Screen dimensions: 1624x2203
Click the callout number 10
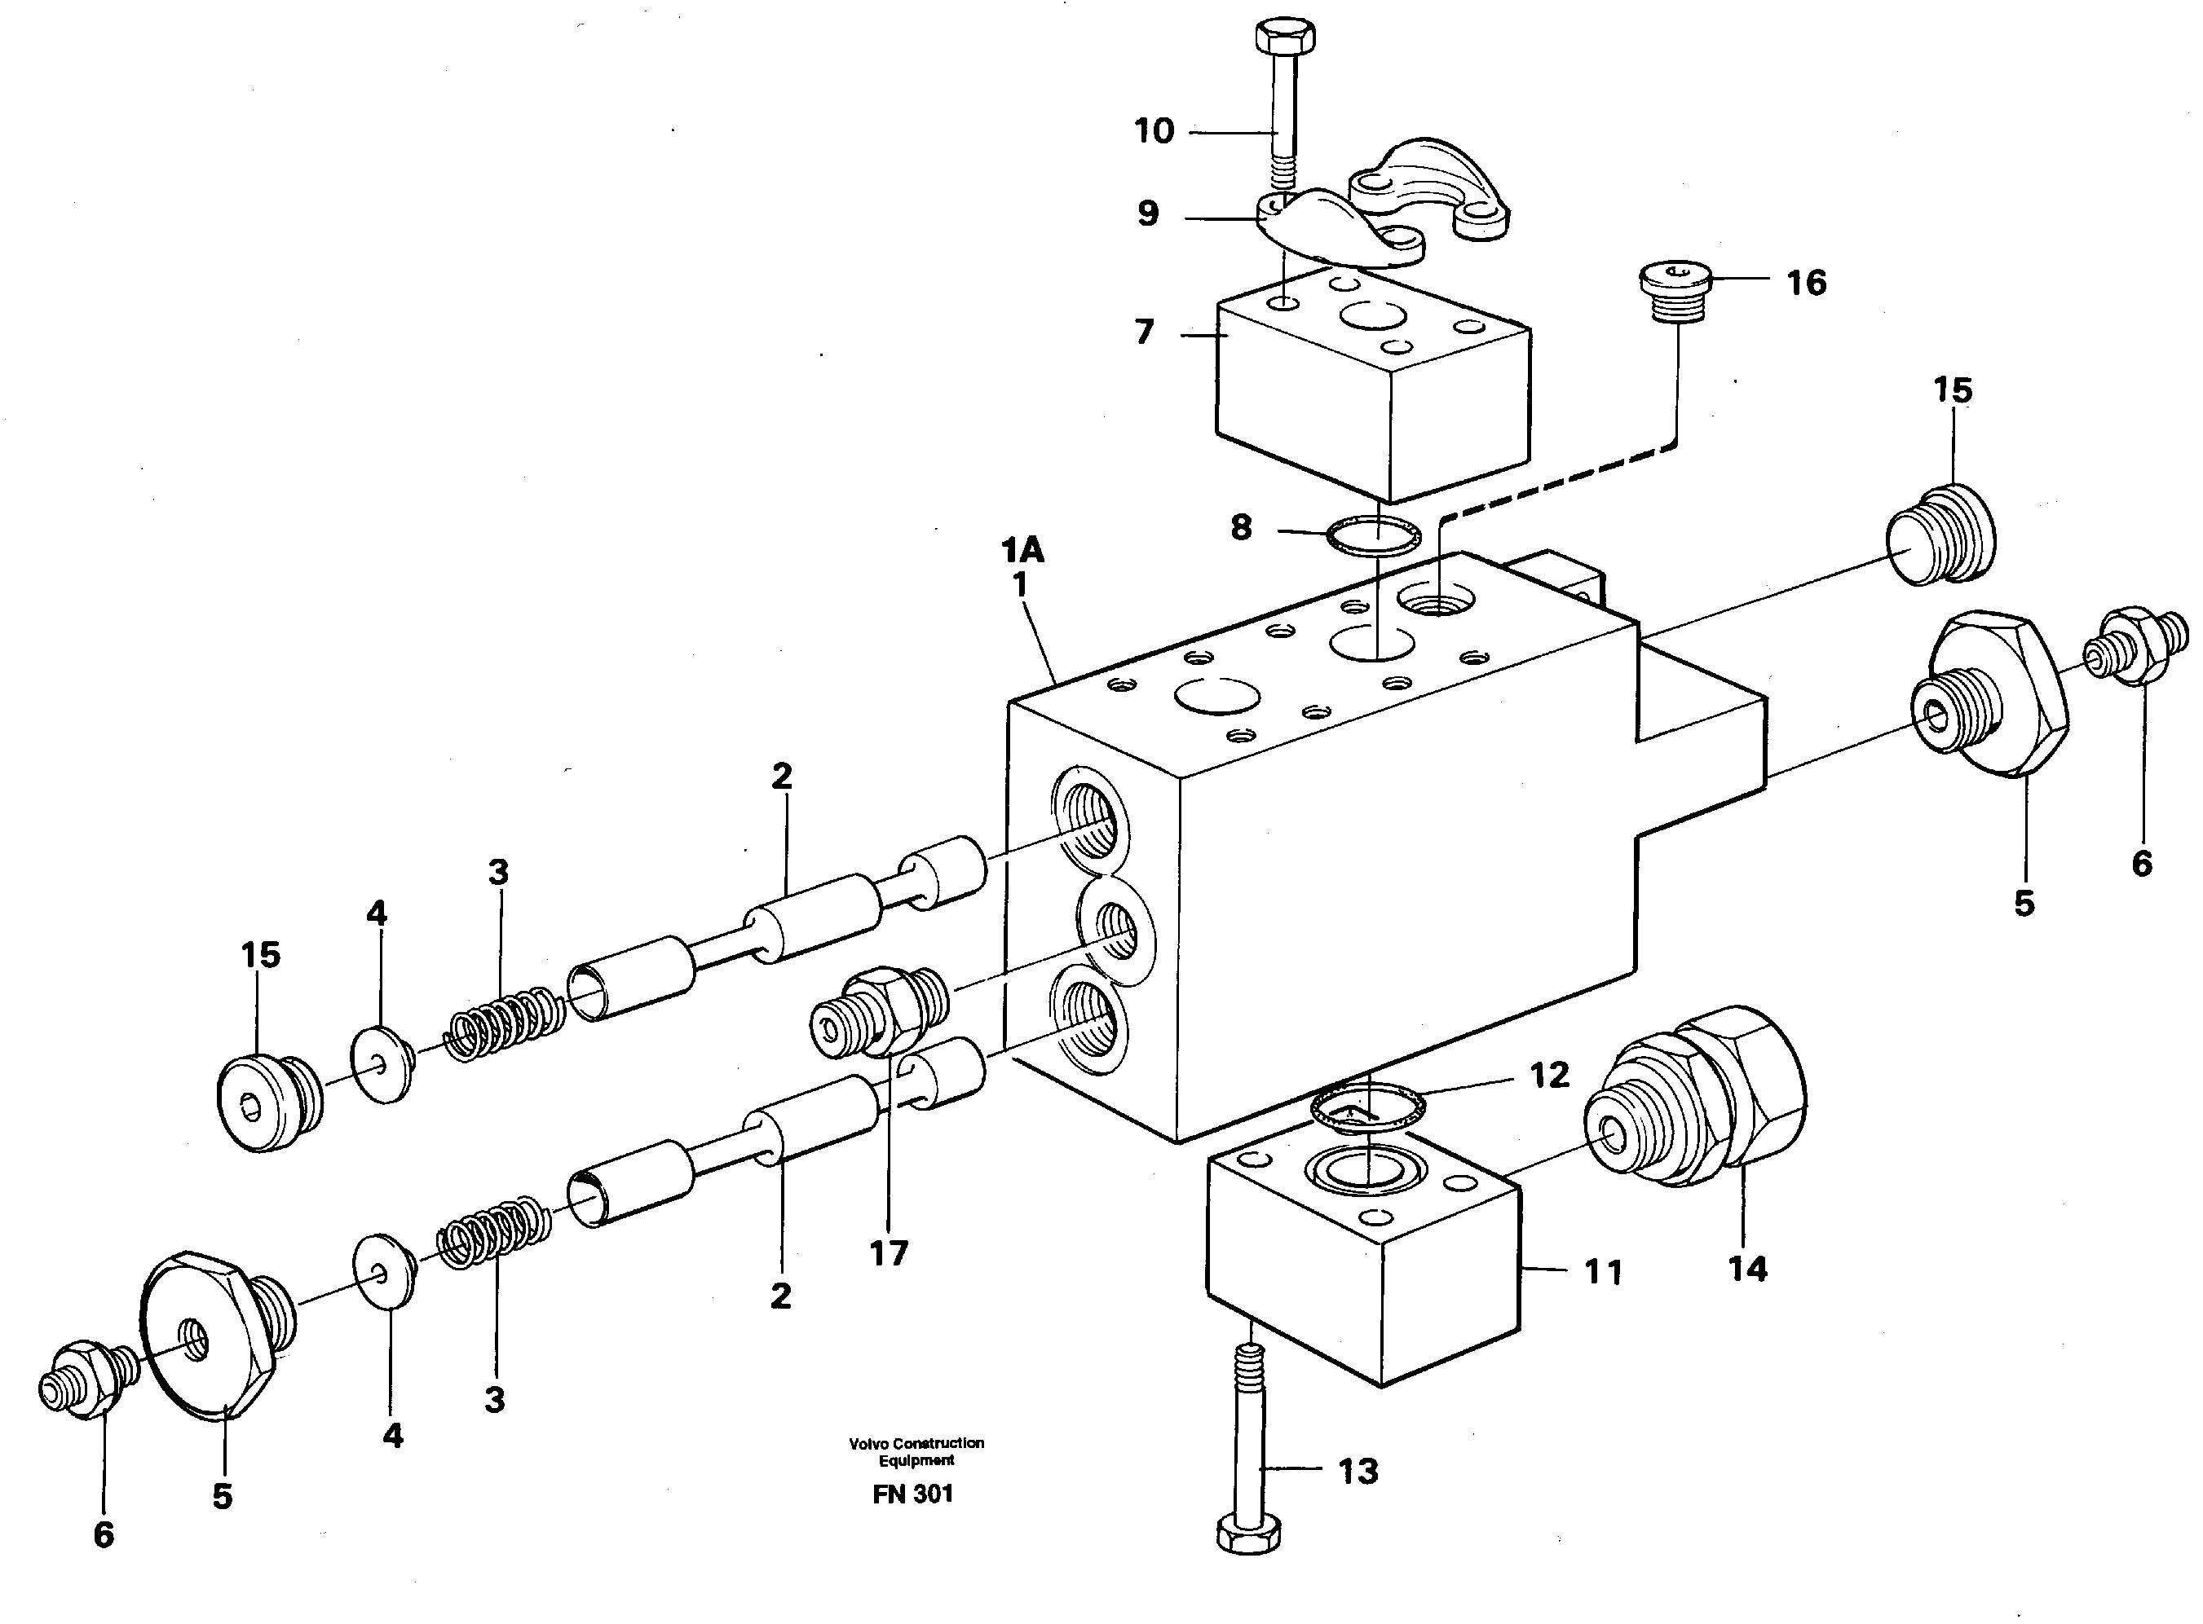(1154, 130)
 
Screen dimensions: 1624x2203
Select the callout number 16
(1806, 283)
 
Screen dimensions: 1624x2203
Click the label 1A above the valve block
(1022, 549)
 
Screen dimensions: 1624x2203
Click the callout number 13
(1358, 1472)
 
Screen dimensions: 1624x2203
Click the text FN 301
(912, 1494)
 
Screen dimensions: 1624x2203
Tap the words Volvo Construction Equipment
(916, 1451)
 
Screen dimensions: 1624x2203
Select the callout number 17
(888, 1253)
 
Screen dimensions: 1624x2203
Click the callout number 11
(1603, 1272)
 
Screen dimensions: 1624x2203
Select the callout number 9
(1148, 214)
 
